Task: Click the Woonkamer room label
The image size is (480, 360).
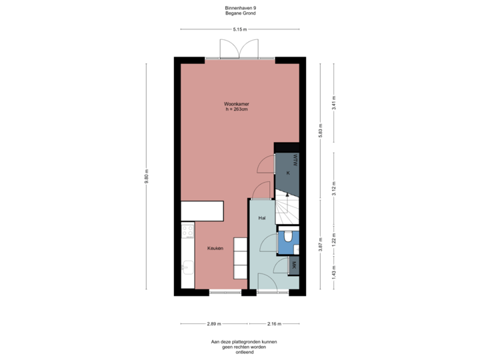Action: [x=237, y=105]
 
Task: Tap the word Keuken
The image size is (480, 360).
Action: [x=215, y=248]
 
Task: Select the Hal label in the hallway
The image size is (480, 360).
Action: [x=262, y=218]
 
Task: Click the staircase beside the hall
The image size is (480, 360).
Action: [x=287, y=207]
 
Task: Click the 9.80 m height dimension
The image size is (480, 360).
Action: [x=147, y=177]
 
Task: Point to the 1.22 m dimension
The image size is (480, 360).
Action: [x=334, y=239]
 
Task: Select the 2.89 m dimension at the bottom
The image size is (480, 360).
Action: [x=213, y=324]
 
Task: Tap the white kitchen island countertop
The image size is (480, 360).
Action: [x=203, y=211]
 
